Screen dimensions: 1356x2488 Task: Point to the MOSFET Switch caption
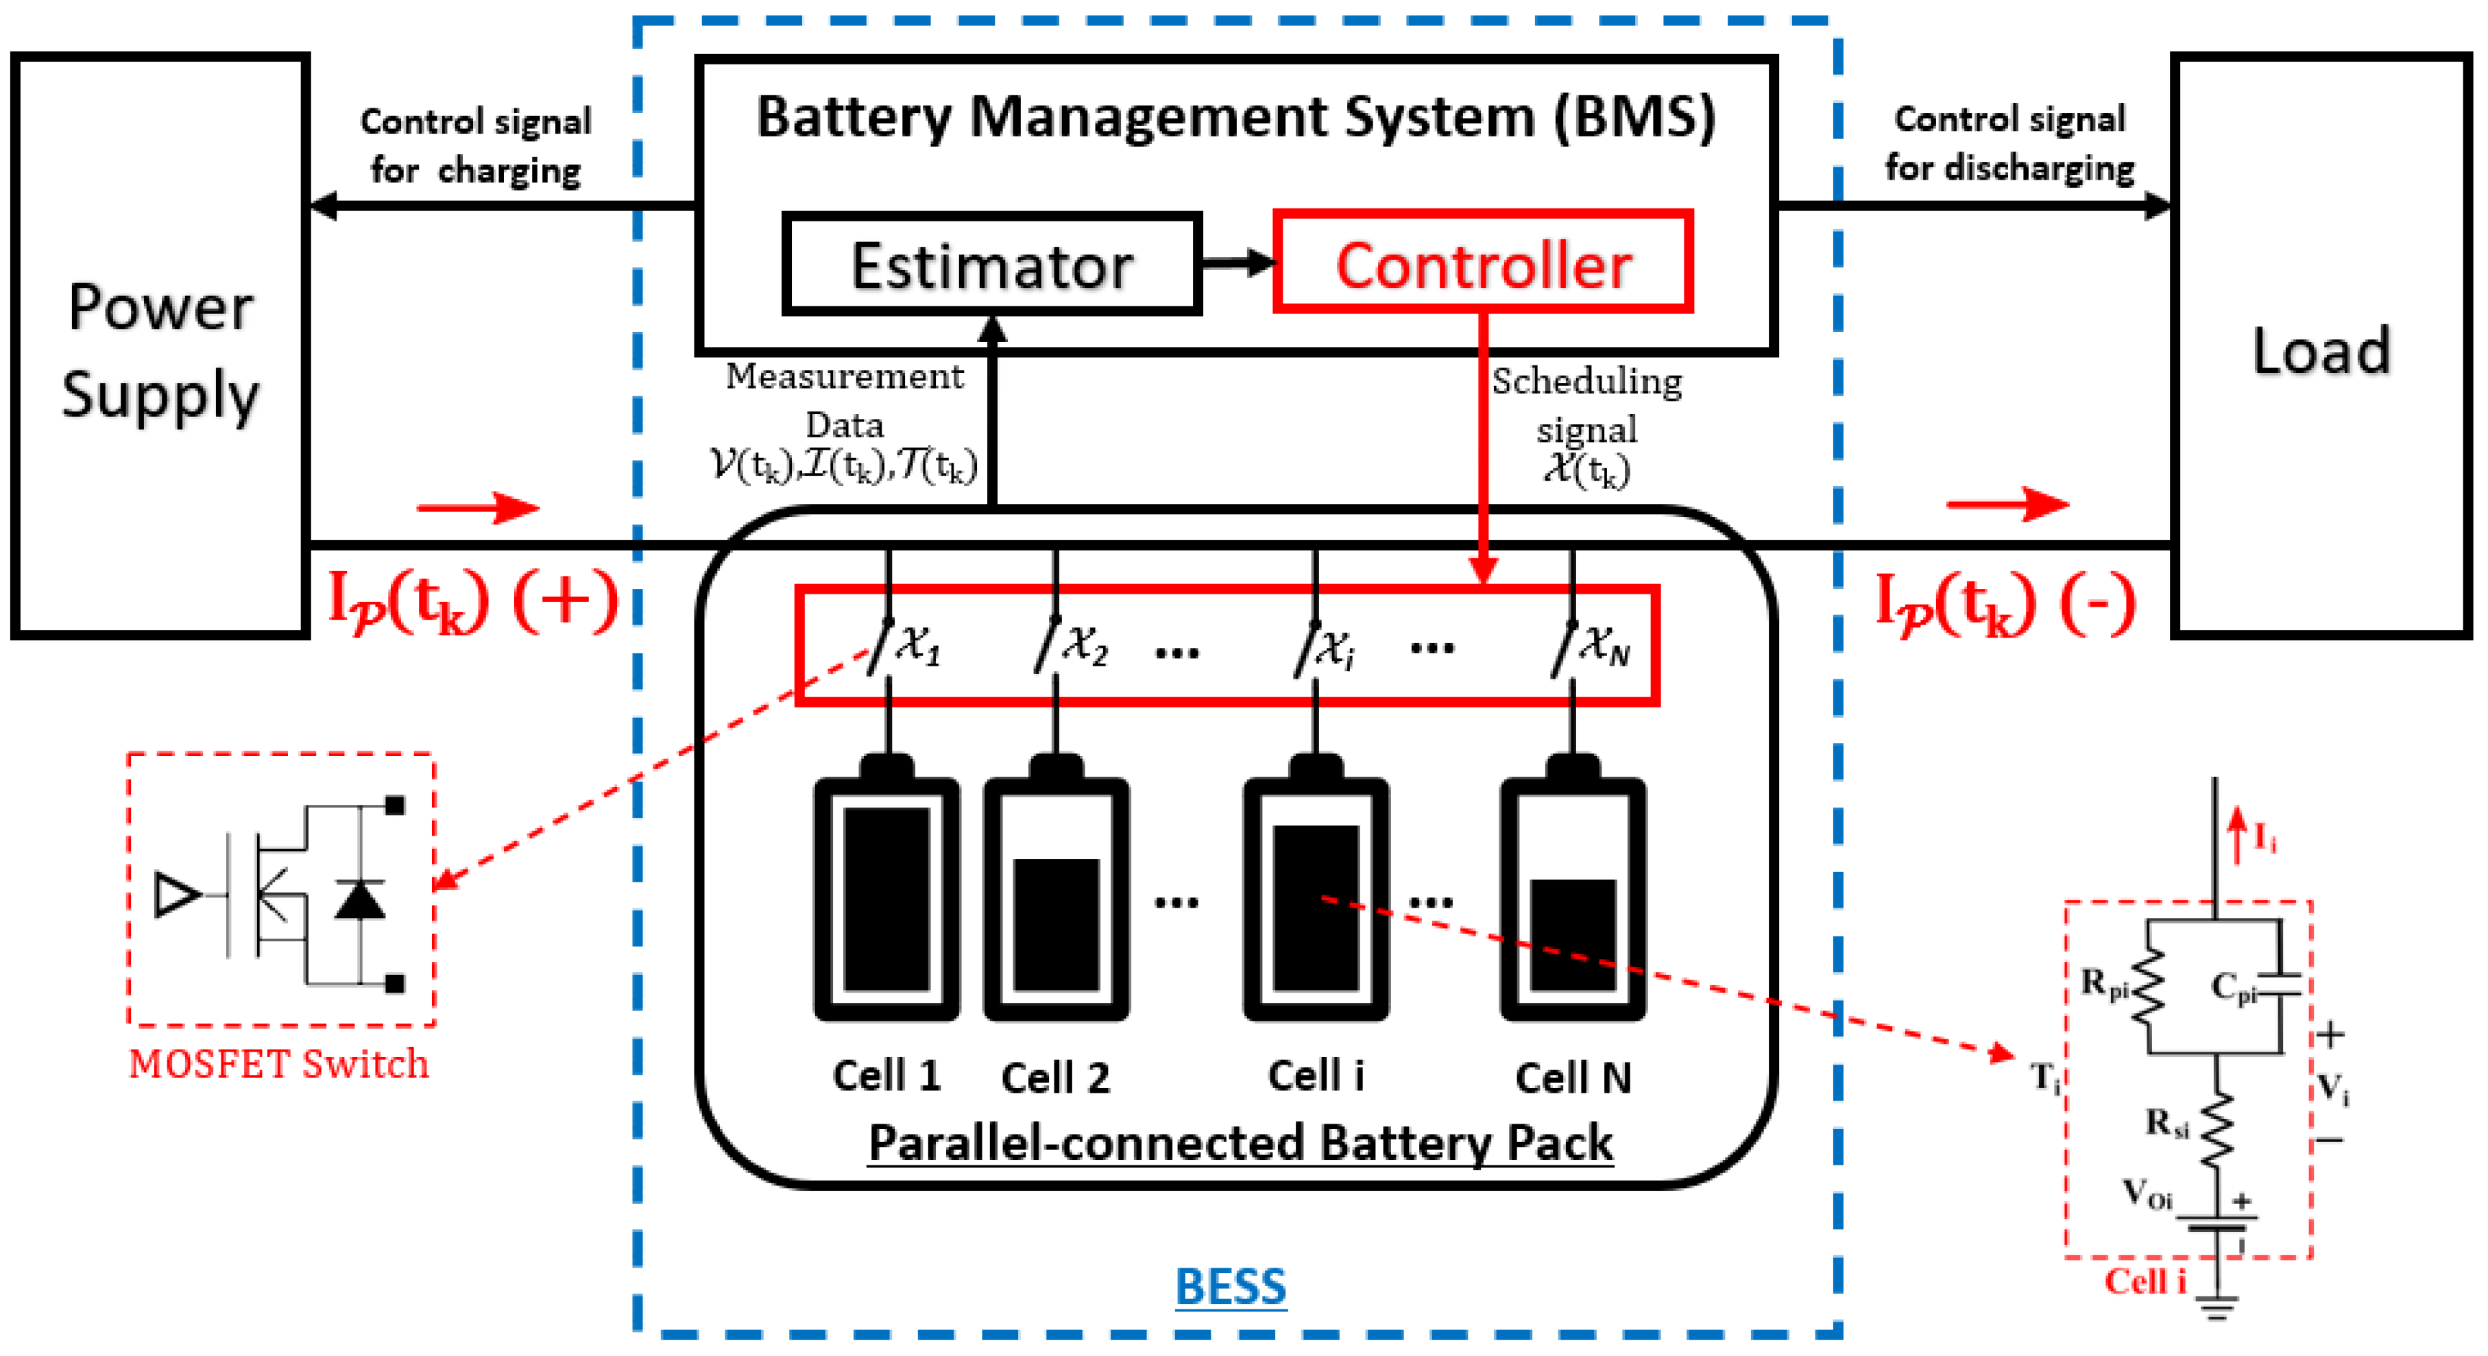[278, 1063]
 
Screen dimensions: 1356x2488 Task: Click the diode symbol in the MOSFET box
[360, 899]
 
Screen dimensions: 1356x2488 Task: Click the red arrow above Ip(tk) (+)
[478, 506]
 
